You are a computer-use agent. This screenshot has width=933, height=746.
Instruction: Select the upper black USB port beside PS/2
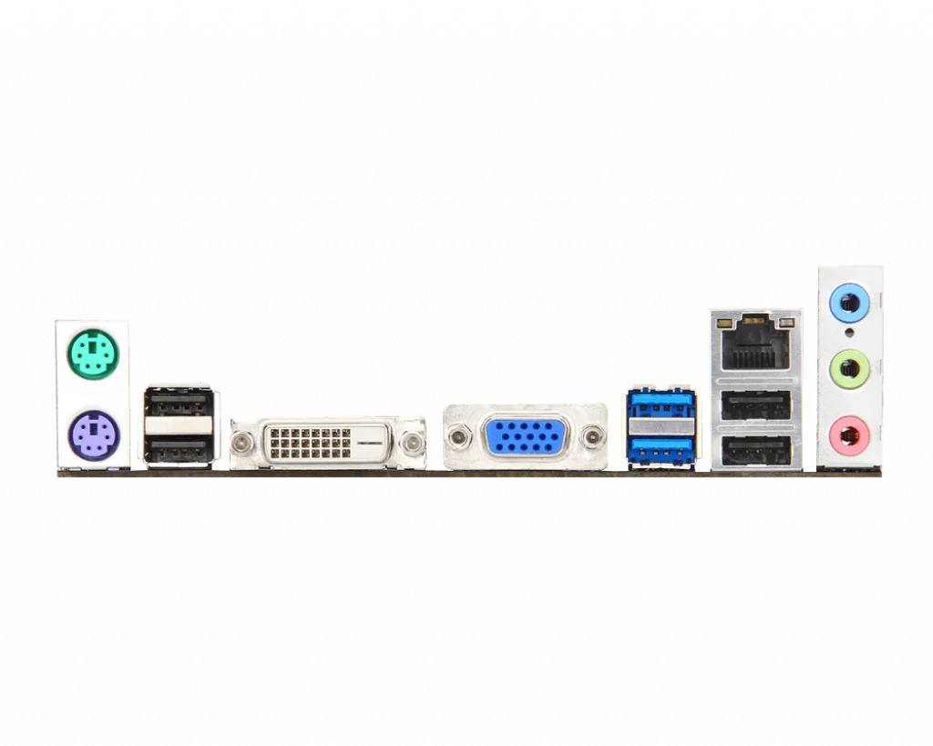click(x=179, y=403)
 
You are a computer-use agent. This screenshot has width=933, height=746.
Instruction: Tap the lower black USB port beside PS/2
click(x=179, y=447)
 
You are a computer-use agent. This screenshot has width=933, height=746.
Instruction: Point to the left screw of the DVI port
click(x=241, y=443)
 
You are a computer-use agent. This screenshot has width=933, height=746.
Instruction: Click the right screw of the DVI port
click(x=414, y=443)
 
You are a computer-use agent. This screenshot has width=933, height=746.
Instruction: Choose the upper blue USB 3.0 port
click(x=661, y=404)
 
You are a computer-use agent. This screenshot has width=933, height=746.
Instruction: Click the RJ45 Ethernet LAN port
click(x=755, y=346)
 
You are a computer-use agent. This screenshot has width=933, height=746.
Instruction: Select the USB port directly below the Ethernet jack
click(x=755, y=405)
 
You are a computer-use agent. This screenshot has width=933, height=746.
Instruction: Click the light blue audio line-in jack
click(x=849, y=301)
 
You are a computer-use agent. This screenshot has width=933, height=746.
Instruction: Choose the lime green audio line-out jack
click(x=849, y=370)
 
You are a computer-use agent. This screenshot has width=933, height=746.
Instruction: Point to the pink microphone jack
click(x=849, y=433)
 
